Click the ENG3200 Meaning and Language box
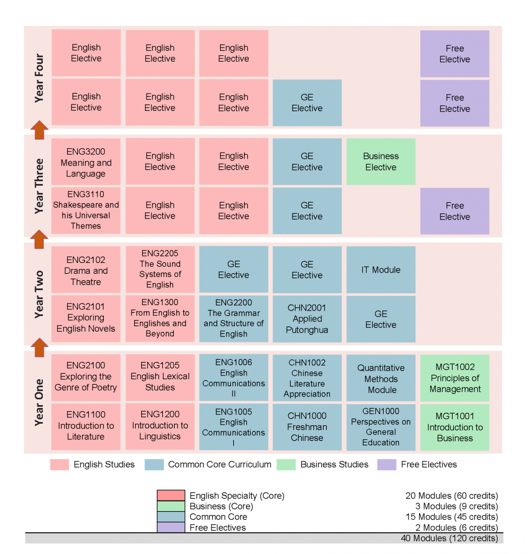pos(86,162)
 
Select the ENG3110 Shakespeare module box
pos(86,210)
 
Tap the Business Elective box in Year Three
pos(381,162)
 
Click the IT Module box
pos(381,269)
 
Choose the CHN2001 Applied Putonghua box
pos(307,319)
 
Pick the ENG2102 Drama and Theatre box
pos(86,270)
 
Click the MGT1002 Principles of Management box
pos(454,378)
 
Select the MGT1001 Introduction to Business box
pos(454,427)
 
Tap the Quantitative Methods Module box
pos(381,378)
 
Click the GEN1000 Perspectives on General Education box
pos(381,427)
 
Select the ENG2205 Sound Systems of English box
pos(160,269)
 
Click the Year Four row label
pos(39,77)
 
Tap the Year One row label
pos(39,402)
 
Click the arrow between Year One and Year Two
pos(39,347)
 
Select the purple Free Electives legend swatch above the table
pos(386,464)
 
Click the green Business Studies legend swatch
pos(286,464)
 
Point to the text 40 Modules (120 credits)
pos(449,538)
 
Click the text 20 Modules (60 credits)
pos(451,496)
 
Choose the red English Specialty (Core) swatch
pos(171,496)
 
